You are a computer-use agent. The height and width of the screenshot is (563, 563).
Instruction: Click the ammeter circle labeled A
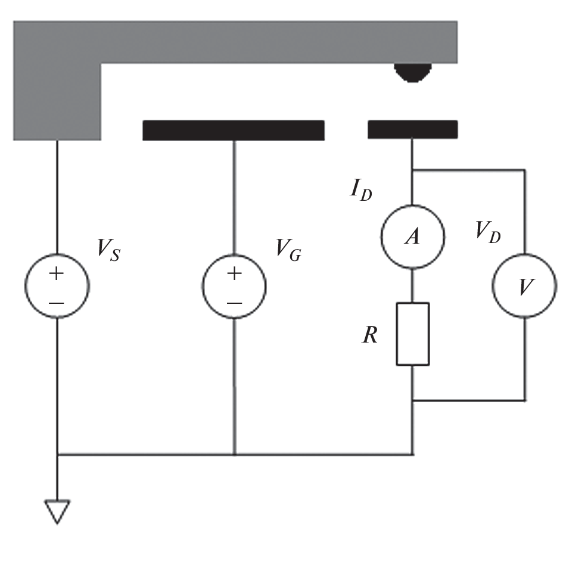[x=413, y=237]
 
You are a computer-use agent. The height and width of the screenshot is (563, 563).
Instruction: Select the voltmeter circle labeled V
[x=524, y=287]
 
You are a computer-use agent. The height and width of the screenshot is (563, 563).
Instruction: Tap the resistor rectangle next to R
[x=412, y=334]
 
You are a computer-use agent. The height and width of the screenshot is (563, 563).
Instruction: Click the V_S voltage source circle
[x=57, y=287]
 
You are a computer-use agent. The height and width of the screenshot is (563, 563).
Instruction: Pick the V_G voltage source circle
[x=234, y=287]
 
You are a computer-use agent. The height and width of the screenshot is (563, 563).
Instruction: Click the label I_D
[x=360, y=191]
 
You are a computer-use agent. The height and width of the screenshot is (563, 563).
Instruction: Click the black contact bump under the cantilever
[x=413, y=72]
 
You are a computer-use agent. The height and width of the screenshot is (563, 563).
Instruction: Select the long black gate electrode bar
[x=234, y=130]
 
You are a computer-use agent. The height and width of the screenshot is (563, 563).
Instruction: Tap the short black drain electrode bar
[x=413, y=129]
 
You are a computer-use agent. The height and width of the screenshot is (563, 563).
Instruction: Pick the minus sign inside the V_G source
[x=234, y=303]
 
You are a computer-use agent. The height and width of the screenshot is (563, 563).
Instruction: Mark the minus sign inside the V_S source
[x=57, y=303]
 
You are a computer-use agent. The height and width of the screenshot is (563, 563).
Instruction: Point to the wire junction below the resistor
[x=413, y=400]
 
